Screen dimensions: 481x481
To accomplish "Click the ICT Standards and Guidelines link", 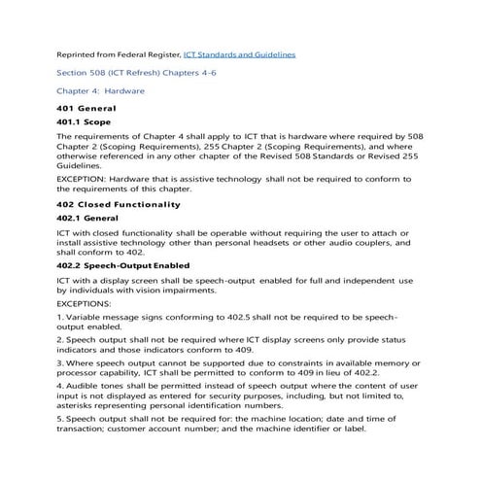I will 239,53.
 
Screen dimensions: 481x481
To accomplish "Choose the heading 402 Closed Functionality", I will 119,205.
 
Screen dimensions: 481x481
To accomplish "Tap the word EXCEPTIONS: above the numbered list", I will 84,303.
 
